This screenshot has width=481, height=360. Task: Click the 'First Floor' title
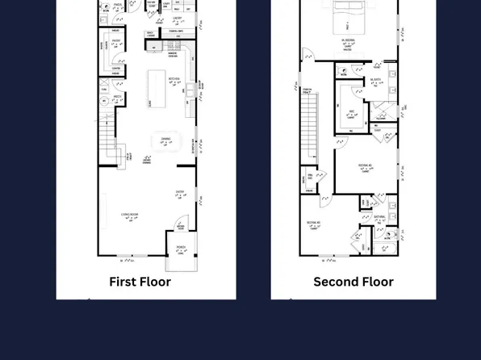pos(140,282)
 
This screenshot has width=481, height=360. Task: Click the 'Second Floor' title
pos(353,282)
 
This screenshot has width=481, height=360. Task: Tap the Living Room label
pos(129,216)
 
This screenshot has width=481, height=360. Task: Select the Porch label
pos(181,249)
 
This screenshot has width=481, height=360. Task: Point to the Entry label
pos(180,193)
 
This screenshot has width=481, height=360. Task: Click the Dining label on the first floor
pos(165,140)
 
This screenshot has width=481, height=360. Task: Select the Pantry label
pos(117,42)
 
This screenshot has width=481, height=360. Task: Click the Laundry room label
pos(177,18)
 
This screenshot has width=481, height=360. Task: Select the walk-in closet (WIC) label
pos(352,113)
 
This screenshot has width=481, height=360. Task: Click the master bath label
pos(376,81)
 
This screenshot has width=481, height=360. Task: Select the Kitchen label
pos(174,79)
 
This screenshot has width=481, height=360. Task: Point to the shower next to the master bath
pos(383,110)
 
